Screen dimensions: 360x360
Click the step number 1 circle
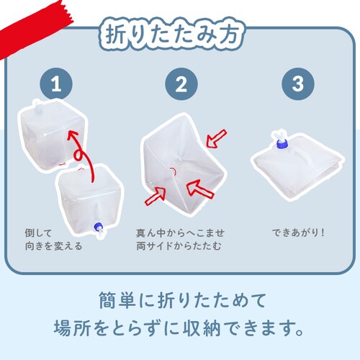click(x=56, y=84)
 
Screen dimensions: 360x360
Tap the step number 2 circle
click(x=181, y=84)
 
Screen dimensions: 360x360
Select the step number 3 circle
click(x=298, y=84)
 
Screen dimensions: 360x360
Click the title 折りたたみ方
click(x=172, y=34)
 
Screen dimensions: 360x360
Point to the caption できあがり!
click(x=298, y=233)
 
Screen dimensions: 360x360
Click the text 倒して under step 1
click(x=38, y=233)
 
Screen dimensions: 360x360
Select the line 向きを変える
click(x=54, y=246)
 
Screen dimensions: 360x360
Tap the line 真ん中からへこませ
click(x=180, y=233)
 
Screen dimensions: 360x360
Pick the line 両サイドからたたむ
click(x=179, y=246)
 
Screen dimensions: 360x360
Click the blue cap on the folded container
click(x=282, y=145)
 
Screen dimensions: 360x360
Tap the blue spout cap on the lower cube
click(x=98, y=227)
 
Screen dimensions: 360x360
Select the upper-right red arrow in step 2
click(x=216, y=139)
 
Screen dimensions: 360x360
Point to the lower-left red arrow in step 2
click(x=156, y=197)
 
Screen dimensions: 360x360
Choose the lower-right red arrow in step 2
click(x=200, y=189)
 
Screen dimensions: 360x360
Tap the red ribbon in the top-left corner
click(x=31, y=27)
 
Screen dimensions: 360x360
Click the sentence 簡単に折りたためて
click(x=182, y=300)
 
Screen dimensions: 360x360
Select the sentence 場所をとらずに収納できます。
click(x=179, y=328)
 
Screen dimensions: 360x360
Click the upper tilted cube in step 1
click(x=53, y=135)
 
